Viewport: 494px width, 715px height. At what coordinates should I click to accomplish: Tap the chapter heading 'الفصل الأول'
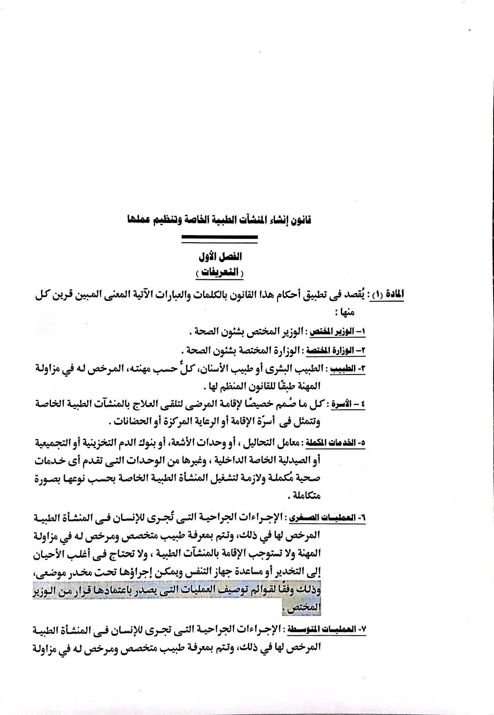(x=220, y=257)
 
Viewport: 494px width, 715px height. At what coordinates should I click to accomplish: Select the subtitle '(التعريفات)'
(x=220, y=273)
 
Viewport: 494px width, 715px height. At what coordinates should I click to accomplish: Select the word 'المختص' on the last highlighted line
(x=306, y=608)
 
